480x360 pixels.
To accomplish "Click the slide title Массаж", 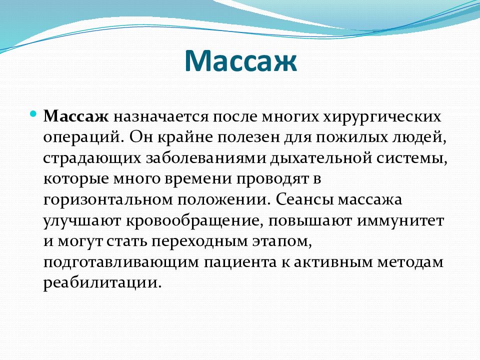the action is [x=240, y=60].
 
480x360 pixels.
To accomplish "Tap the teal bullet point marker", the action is [x=33, y=114].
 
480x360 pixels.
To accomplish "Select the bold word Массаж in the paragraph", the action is [x=76, y=116].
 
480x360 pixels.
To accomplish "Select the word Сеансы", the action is [x=304, y=200].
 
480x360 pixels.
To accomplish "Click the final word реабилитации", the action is [x=102, y=282].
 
